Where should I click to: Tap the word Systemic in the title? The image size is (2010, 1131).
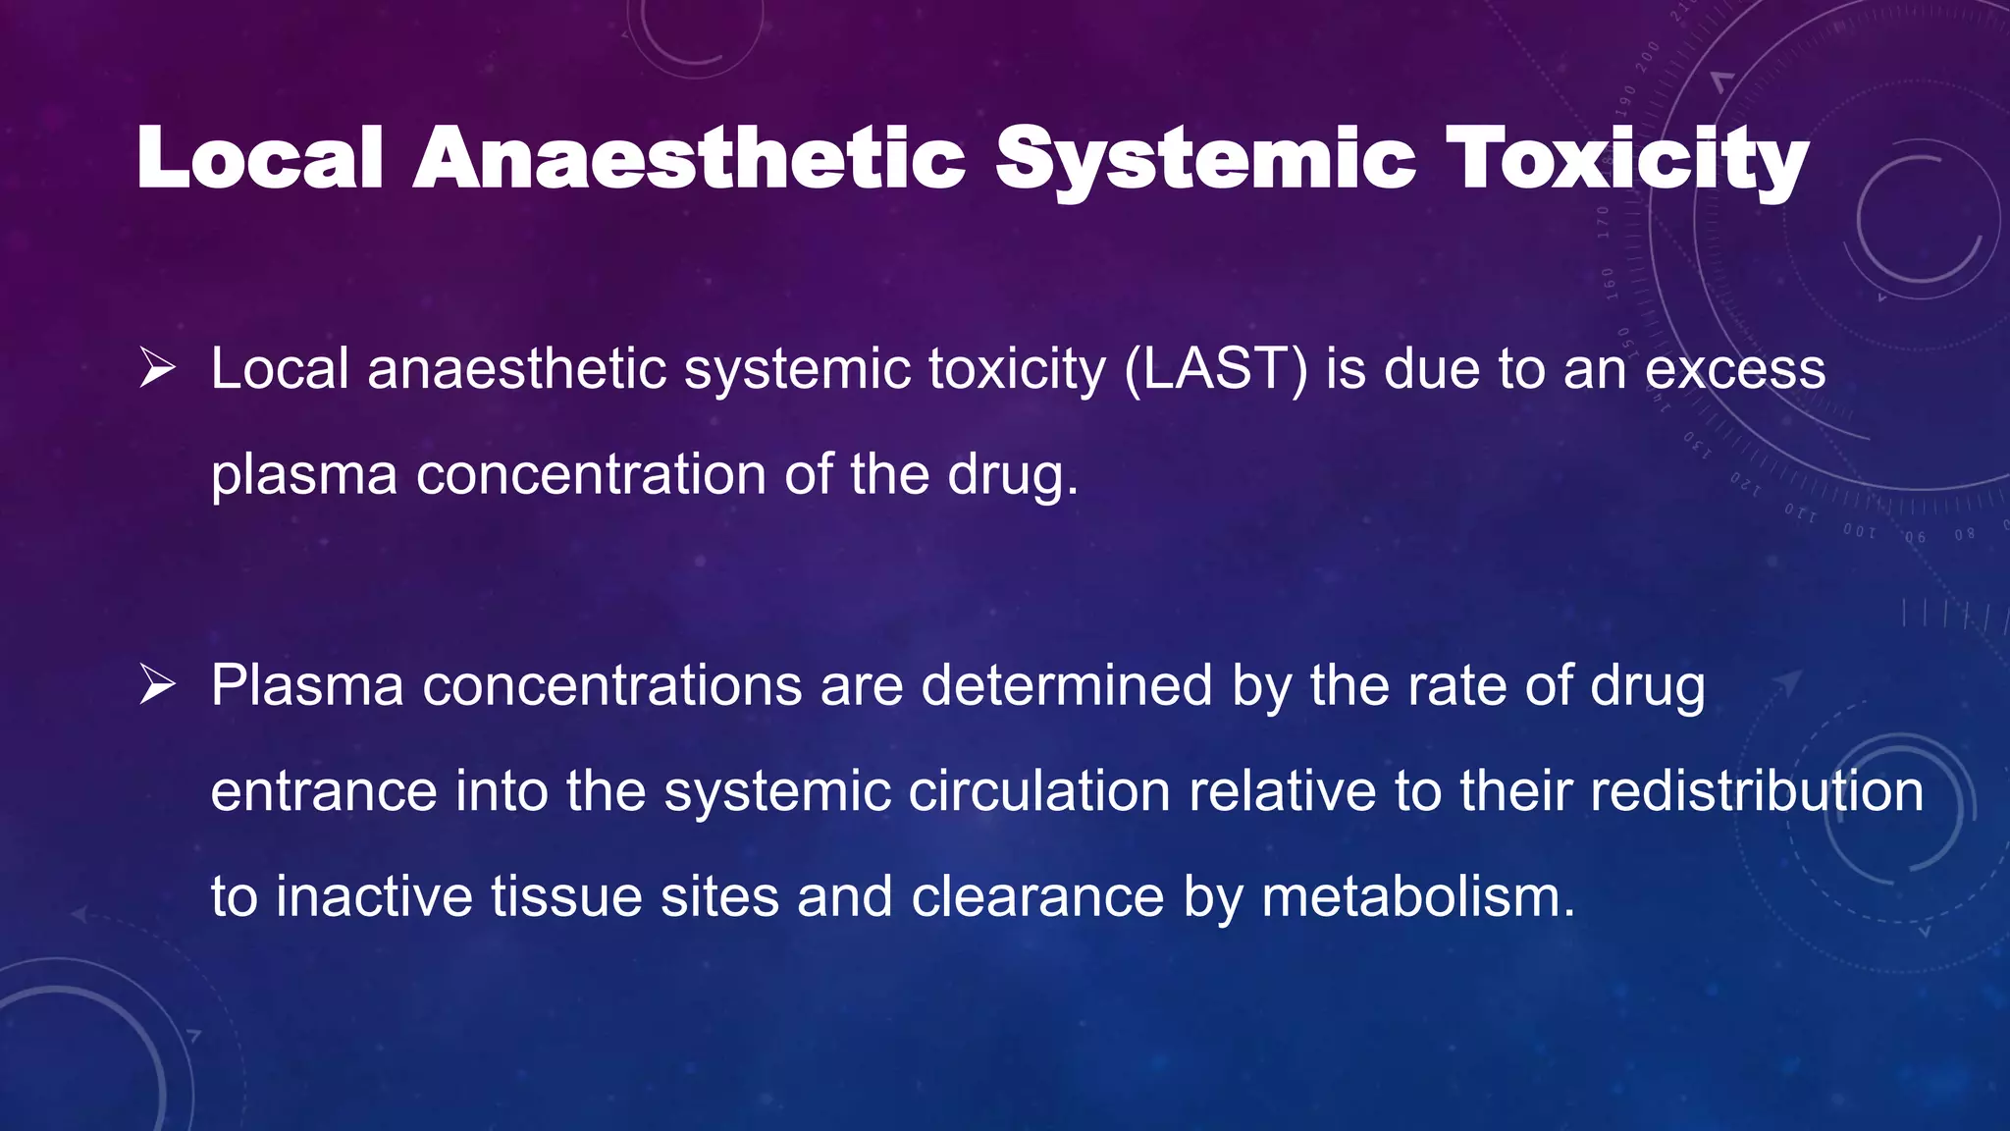point(1206,159)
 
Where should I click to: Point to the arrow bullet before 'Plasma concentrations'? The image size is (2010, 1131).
point(157,685)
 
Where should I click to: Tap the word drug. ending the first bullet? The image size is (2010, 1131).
point(1012,475)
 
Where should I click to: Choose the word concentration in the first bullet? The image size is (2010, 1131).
point(591,475)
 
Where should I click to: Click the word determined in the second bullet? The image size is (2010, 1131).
point(1067,685)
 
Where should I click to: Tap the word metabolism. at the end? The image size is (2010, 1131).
point(1418,897)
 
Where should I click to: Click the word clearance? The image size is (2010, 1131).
point(1037,897)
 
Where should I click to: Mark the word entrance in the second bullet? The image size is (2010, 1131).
point(323,791)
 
